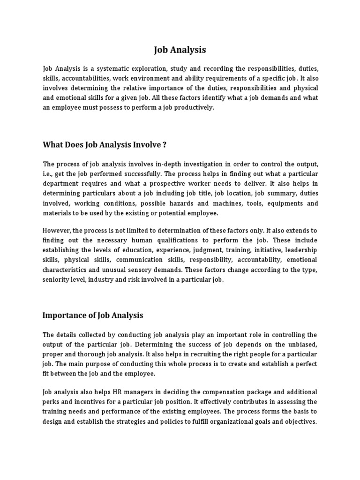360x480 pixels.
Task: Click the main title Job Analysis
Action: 180,50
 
